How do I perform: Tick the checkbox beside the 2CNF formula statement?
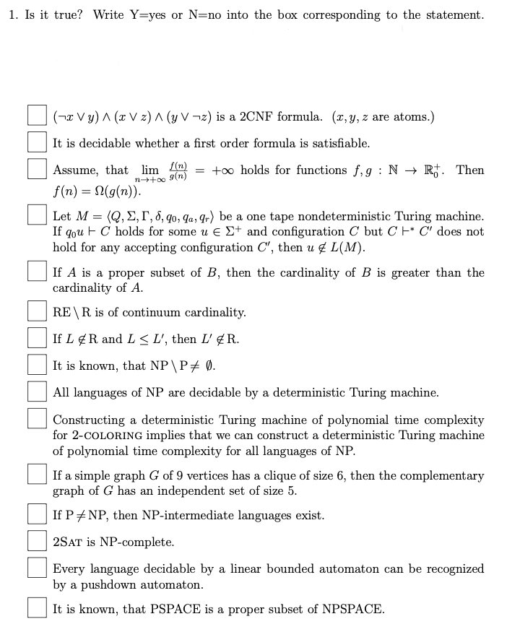pyautogui.click(x=38, y=116)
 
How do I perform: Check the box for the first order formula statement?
pyautogui.click(x=38, y=142)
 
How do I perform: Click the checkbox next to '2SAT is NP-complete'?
pyautogui.click(x=38, y=541)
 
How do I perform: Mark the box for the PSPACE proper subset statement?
pyautogui.click(x=38, y=608)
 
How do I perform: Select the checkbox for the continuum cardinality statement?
pyautogui.click(x=38, y=312)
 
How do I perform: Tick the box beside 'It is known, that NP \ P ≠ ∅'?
pyautogui.click(x=38, y=365)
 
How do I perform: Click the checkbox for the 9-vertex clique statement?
pyautogui.click(x=38, y=476)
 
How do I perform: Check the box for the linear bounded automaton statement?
pyautogui.click(x=38, y=569)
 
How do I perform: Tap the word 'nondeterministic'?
pyautogui.click(x=355, y=216)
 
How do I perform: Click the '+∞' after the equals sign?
pyautogui.click(x=224, y=170)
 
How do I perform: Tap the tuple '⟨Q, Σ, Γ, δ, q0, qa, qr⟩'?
pyautogui.click(x=153, y=217)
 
